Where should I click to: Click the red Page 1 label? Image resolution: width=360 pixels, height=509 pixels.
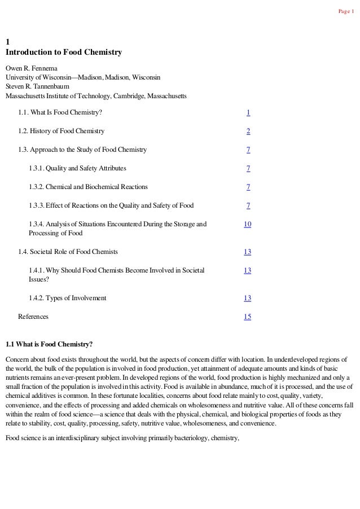tap(345, 12)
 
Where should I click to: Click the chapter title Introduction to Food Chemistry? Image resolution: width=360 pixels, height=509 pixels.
tap(64, 52)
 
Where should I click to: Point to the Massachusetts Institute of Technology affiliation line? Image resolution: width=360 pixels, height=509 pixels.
tap(95, 96)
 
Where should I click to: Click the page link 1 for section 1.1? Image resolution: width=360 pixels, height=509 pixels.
tap(248, 113)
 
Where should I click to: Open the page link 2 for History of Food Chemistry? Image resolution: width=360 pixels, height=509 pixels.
tap(248, 131)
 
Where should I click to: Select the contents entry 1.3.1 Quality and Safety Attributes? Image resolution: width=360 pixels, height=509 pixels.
tap(77, 168)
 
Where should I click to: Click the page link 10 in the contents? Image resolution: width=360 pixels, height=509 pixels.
tap(248, 224)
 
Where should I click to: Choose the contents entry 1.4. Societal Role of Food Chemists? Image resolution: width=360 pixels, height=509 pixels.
tap(68, 252)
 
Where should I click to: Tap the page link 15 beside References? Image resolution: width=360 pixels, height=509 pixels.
tap(248, 317)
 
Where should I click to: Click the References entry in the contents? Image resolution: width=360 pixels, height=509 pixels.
tap(33, 317)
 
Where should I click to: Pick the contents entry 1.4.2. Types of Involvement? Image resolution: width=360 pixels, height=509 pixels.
tap(67, 298)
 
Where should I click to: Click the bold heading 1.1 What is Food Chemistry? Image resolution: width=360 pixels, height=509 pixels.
tap(49, 344)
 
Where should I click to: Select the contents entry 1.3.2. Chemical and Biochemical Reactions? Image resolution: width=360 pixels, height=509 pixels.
tap(89, 187)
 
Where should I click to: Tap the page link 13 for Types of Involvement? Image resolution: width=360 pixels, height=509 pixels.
tap(248, 298)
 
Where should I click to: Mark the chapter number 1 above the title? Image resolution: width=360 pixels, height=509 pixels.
tap(7, 42)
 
